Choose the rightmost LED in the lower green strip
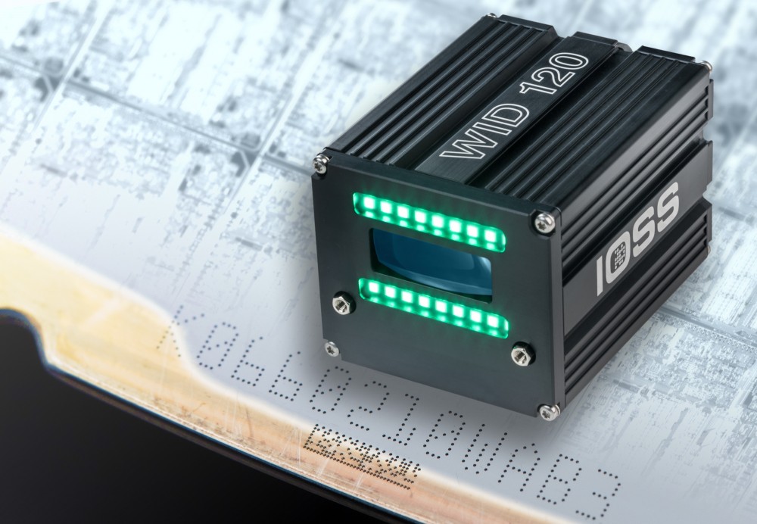click(494, 323)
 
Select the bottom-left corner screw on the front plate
click(331, 347)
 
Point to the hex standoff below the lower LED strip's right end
click(519, 353)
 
